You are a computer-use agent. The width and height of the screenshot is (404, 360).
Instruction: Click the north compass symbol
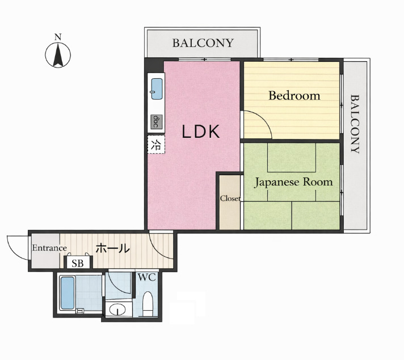pyautogui.click(x=57, y=54)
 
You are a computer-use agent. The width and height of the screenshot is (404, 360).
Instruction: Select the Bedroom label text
pyautogui.click(x=294, y=95)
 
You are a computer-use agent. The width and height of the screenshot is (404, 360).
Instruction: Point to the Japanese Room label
pyautogui.click(x=293, y=182)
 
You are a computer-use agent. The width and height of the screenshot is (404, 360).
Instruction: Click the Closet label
pyautogui.click(x=230, y=198)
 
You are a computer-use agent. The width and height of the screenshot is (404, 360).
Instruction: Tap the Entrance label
pyautogui.click(x=49, y=248)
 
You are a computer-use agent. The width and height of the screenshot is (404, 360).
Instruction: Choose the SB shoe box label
pyautogui.click(x=78, y=263)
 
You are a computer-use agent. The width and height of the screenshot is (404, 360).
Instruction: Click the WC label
pyautogui.click(x=146, y=278)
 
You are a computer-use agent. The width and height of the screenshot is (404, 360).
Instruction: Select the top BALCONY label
pyautogui.click(x=203, y=43)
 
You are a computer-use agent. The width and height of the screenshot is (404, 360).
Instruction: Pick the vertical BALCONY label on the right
pyautogui.click(x=356, y=124)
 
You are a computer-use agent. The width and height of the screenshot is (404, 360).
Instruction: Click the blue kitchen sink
pyautogui.click(x=157, y=88)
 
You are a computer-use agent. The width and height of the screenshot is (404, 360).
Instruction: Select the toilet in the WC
pyautogui.click(x=148, y=303)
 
